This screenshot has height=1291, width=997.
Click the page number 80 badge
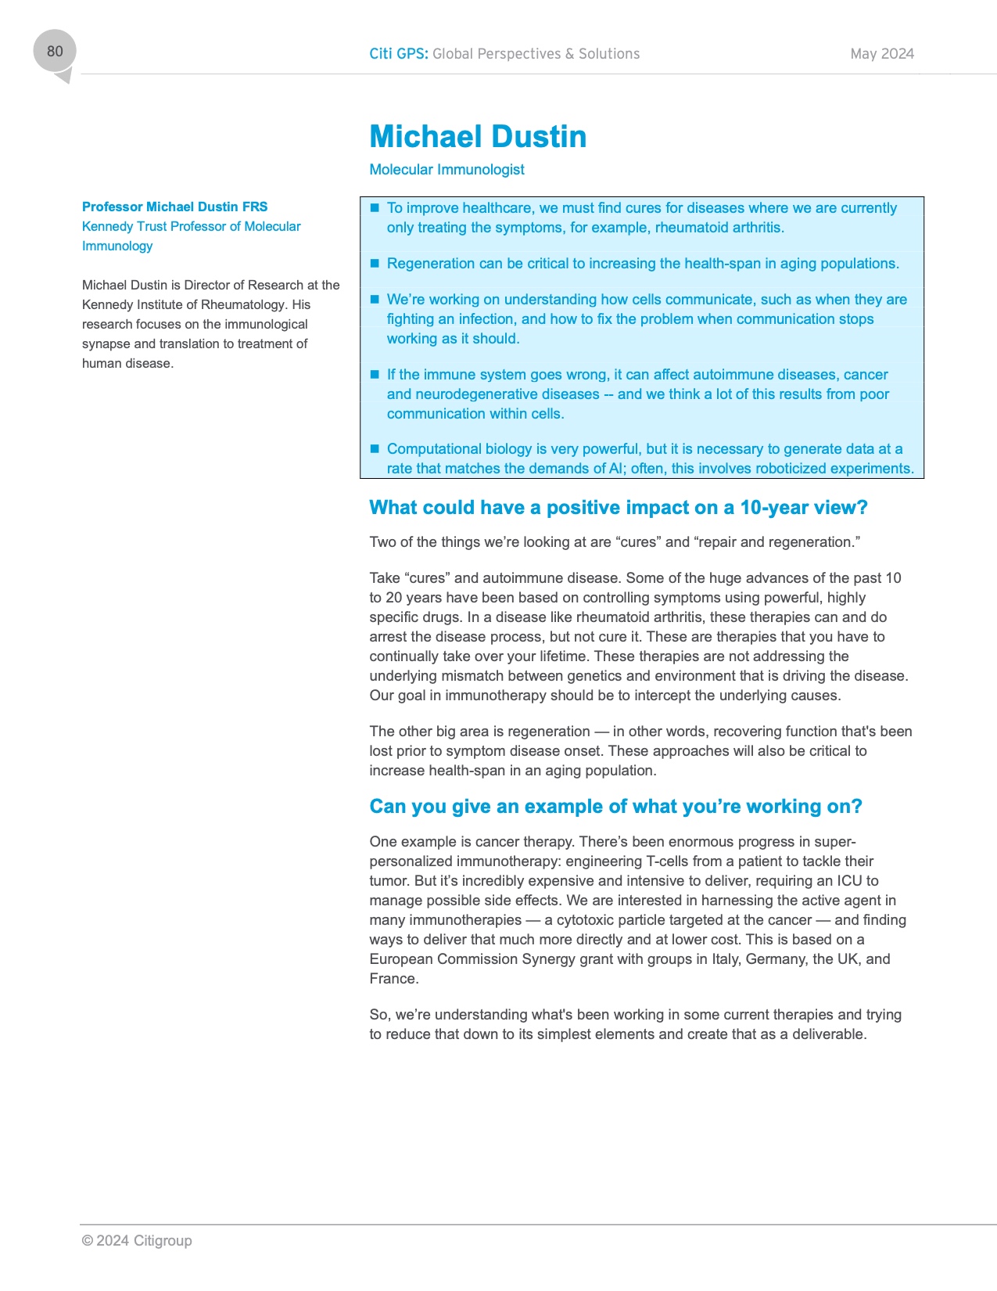(55, 52)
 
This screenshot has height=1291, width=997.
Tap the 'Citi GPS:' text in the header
(398, 54)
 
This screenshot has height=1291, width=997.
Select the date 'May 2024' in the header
(882, 54)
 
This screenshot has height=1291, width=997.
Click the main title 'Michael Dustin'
(478, 137)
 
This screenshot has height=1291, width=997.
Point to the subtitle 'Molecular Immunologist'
(446, 170)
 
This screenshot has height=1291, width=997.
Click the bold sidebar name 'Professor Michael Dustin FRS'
(174, 207)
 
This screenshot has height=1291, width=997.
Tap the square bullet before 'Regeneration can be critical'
(375, 263)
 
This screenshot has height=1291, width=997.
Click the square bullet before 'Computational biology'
(375, 448)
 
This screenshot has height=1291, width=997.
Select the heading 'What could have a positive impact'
(618, 508)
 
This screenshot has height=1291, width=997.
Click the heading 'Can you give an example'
(615, 807)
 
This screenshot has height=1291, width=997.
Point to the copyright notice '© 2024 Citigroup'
(137, 1240)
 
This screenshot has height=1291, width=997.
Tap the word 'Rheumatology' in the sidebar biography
(243, 304)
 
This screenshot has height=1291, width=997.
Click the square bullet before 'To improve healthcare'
(375, 207)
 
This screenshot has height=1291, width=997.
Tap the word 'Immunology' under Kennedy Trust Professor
(117, 246)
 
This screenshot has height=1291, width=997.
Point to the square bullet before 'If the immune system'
(375, 374)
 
